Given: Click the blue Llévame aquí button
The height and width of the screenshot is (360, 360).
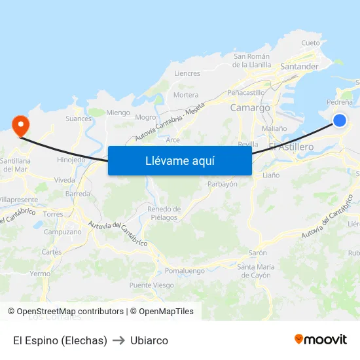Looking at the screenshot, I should (x=179, y=160).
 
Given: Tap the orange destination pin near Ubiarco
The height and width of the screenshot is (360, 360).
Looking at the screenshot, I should (x=20, y=124).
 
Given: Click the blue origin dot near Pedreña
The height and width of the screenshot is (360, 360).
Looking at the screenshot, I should (x=339, y=120).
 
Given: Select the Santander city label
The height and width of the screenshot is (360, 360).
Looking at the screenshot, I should (x=298, y=67).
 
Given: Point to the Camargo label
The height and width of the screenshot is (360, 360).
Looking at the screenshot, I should (x=250, y=107).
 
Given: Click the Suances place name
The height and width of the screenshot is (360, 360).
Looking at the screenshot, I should (x=79, y=118).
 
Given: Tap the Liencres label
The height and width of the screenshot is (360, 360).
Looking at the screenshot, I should (x=187, y=73).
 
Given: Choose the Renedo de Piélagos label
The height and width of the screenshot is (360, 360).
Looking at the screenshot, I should (x=163, y=213).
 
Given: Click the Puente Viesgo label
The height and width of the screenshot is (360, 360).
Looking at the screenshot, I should (x=151, y=285).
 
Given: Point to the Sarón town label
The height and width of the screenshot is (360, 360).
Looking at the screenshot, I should (x=257, y=253).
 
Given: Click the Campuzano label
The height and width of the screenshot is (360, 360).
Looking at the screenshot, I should (x=63, y=232).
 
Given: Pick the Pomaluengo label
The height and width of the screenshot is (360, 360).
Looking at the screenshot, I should (x=185, y=270).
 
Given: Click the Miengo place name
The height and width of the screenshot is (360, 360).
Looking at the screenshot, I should (x=118, y=113).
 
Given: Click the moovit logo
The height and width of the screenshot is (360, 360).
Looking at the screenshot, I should (x=320, y=339).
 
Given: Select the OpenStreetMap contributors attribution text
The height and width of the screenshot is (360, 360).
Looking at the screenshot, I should (x=65, y=312).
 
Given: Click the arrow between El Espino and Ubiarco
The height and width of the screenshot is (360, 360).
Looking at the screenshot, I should (x=118, y=340).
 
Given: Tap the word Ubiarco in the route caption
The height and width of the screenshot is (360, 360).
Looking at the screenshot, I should (x=149, y=340).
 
